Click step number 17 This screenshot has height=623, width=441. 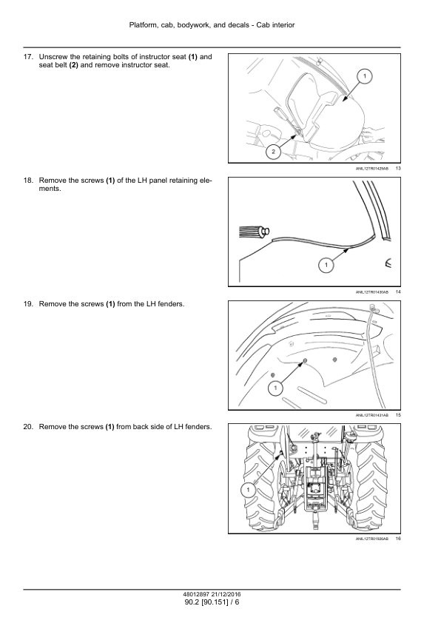pos(28,57)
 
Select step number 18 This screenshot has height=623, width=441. pos(28,181)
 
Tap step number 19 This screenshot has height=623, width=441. pos(28,304)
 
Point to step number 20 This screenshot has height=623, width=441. pos(28,427)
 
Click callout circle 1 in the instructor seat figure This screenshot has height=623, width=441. pos(365,76)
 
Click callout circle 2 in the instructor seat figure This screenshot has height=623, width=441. pos(273,152)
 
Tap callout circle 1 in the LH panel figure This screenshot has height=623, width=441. pos(326,265)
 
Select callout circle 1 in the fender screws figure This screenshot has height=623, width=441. pos(275,388)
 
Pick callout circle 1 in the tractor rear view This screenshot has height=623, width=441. pos(249,490)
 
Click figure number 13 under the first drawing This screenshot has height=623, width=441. pos(398,169)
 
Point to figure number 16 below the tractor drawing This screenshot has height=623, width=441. pos(398,539)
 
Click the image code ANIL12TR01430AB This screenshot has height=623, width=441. pos(372,292)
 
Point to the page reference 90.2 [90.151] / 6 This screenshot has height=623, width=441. pos(212,602)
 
